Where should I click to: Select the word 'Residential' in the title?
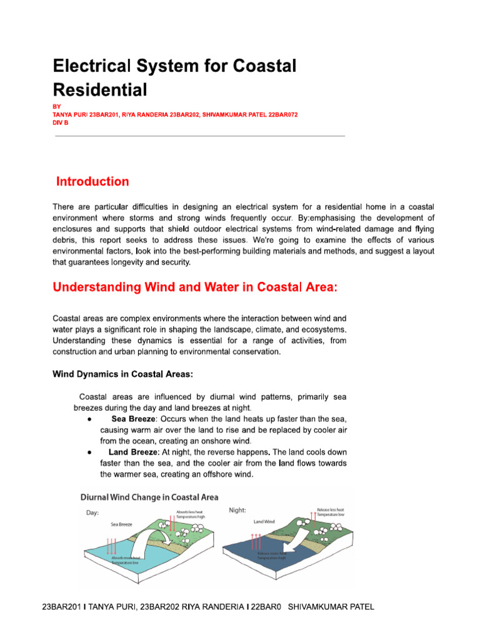[x=99, y=90]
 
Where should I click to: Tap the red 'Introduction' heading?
[x=92, y=182]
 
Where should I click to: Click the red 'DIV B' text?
[x=61, y=123]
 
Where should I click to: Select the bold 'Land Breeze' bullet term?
[x=133, y=452]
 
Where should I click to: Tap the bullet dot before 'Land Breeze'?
[x=91, y=452]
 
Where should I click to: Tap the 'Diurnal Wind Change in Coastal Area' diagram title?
[x=149, y=497]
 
